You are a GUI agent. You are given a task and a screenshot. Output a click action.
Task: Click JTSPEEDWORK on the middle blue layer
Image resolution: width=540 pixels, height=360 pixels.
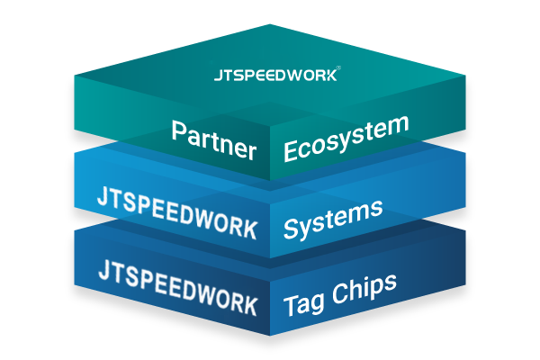175,210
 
